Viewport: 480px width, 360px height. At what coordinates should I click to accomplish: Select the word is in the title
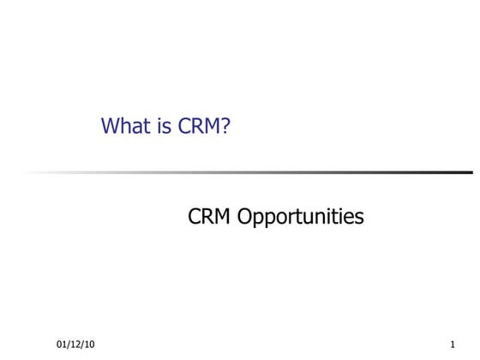click(x=161, y=127)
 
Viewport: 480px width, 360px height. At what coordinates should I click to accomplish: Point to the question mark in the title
click(x=226, y=127)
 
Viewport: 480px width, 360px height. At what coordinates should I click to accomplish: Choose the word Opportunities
click(x=301, y=219)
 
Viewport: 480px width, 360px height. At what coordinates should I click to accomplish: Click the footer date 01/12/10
click(x=75, y=345)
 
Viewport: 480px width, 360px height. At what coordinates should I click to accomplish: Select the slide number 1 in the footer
click(x=452, y=345)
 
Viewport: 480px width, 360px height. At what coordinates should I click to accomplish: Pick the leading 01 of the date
click(x=62, y=345)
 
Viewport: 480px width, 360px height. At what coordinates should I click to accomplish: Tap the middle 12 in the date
click(x=75, y=345)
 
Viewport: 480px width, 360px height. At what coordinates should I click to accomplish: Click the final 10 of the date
click(x=89, y=345)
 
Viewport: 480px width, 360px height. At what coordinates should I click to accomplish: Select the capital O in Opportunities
click(x=245, y=218)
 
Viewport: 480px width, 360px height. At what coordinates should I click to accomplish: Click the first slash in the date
click(x=69, y=345)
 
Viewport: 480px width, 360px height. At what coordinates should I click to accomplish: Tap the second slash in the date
click(x=82, y=345)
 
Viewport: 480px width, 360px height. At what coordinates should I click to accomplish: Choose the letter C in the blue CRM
click(x=184, y=127)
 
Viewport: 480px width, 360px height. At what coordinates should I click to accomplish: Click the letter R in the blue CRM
click(x=197, y=127)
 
